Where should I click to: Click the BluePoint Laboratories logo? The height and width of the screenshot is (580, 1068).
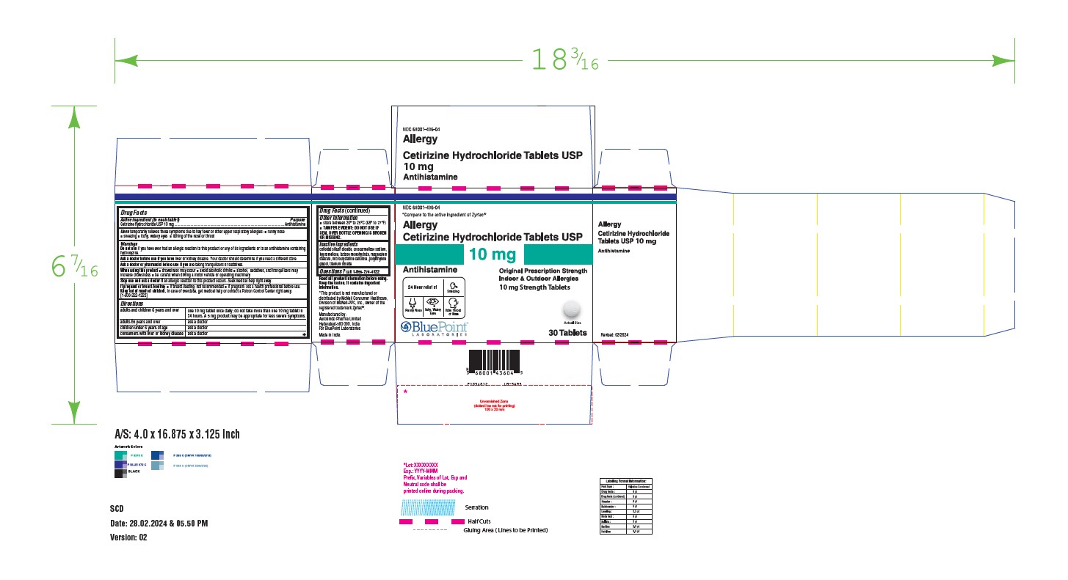pos(437,328)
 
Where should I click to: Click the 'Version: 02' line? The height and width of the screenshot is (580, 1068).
pos(128,537)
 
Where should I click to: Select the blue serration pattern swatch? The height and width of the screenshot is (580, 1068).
pos(430,507)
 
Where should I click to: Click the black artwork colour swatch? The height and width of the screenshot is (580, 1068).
pos(120,474)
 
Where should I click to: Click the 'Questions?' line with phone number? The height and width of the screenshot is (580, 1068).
pos(354,271)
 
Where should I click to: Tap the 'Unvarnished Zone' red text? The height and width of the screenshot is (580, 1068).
pos(494,401)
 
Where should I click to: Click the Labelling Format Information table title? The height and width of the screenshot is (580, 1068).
pos(625,481)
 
